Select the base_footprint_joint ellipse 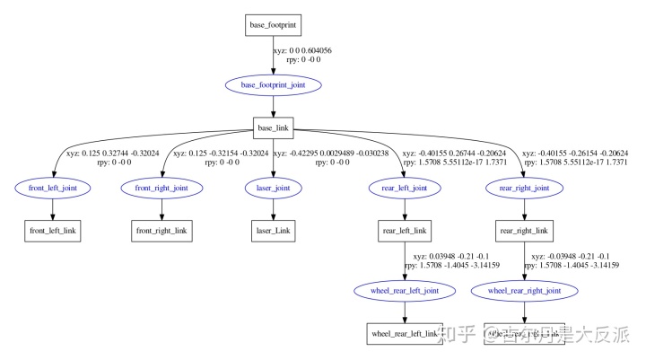275,85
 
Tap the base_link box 275,127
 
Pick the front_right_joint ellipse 161,189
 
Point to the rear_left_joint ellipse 404,189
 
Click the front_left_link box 53,231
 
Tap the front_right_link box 161,231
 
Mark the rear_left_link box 404,231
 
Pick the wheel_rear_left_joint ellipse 404,292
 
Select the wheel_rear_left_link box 404,334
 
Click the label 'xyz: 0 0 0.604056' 304,51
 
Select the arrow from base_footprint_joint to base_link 275,107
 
